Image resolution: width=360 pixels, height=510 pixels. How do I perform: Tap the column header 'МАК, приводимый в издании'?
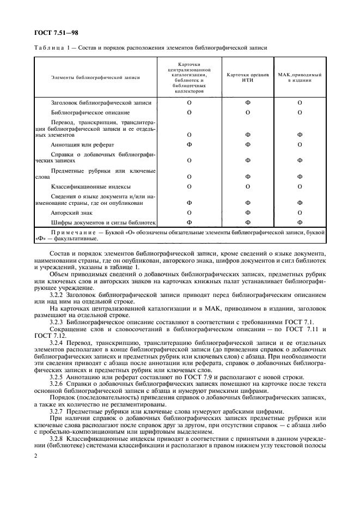point(300,77)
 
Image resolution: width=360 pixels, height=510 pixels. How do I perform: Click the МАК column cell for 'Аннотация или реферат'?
point(300,144)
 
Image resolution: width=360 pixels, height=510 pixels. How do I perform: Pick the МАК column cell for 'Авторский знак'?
point(300,212)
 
